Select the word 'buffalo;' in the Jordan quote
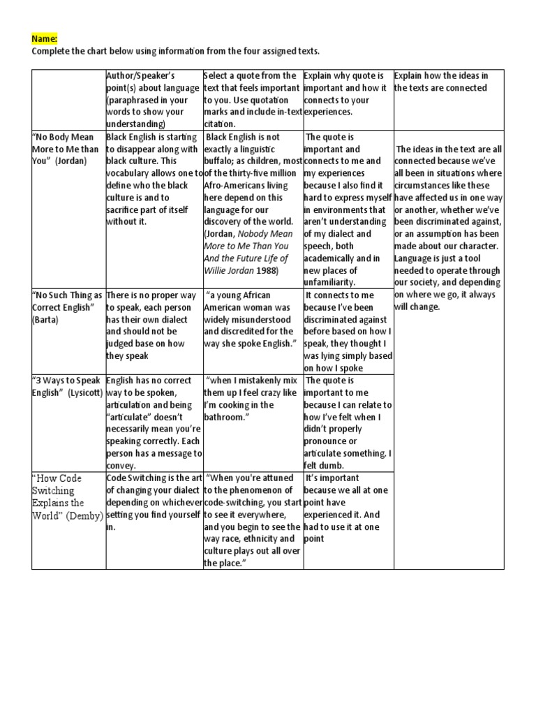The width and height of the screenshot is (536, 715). tap(223, 161)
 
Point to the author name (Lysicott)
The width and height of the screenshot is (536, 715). tap(86, 392)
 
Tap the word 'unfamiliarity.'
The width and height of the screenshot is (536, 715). tap(330, 282)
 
